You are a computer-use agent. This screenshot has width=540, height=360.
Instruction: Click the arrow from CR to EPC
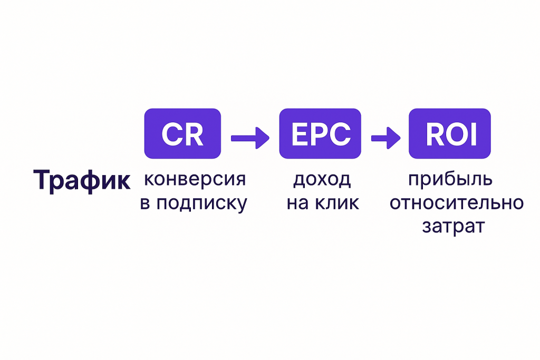[250, 138]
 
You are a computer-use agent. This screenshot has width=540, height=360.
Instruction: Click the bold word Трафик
[82, 181]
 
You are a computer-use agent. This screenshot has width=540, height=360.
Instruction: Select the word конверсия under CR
[195, 180]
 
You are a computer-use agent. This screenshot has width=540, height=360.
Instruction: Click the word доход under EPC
[322, 180]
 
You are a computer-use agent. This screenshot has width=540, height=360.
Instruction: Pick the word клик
[337, 203]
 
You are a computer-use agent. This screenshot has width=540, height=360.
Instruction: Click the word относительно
[457, 203]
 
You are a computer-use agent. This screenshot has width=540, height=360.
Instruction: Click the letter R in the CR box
[193, 134]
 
